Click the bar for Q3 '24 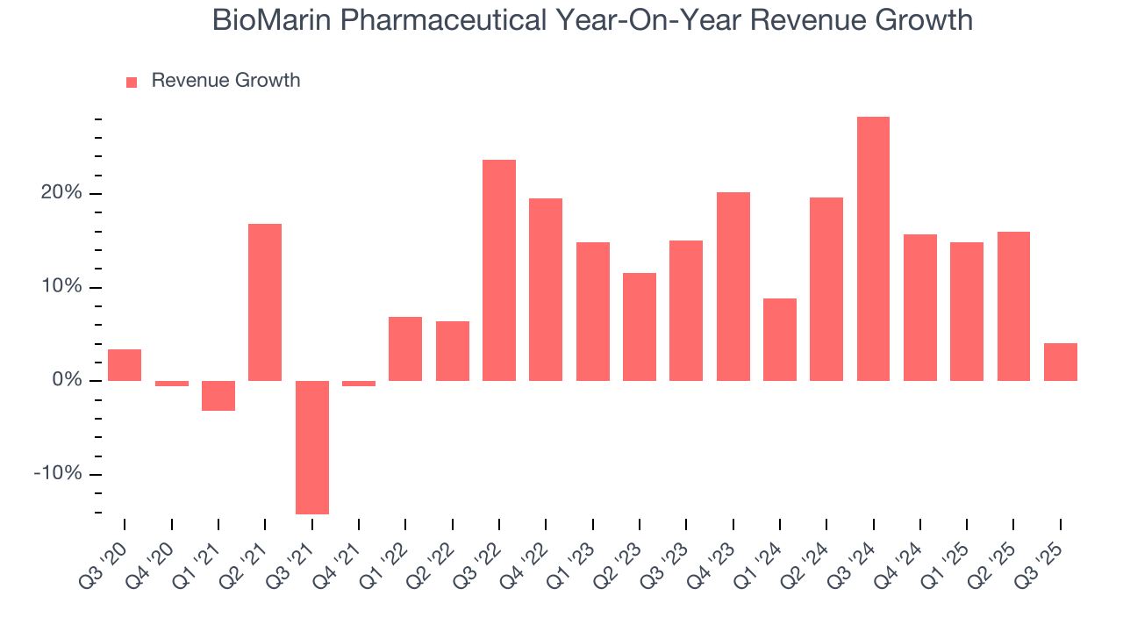[x=873, y=248]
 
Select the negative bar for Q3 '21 [x=311, y=447]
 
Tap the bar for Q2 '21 [x=265, y=302]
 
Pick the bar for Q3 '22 [x=499, y=269]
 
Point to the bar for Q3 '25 [x=1060, y=362]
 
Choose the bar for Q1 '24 [x=780, y=339]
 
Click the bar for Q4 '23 [x=733, y=286]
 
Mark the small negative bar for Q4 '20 [x=171, y=384]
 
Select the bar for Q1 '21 [x=218, y=396]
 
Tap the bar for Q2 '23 [x=640, y=327]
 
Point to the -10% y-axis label [x=57, y=474]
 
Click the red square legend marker [x=132, y=82]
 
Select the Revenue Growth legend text [x=225, y=81]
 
